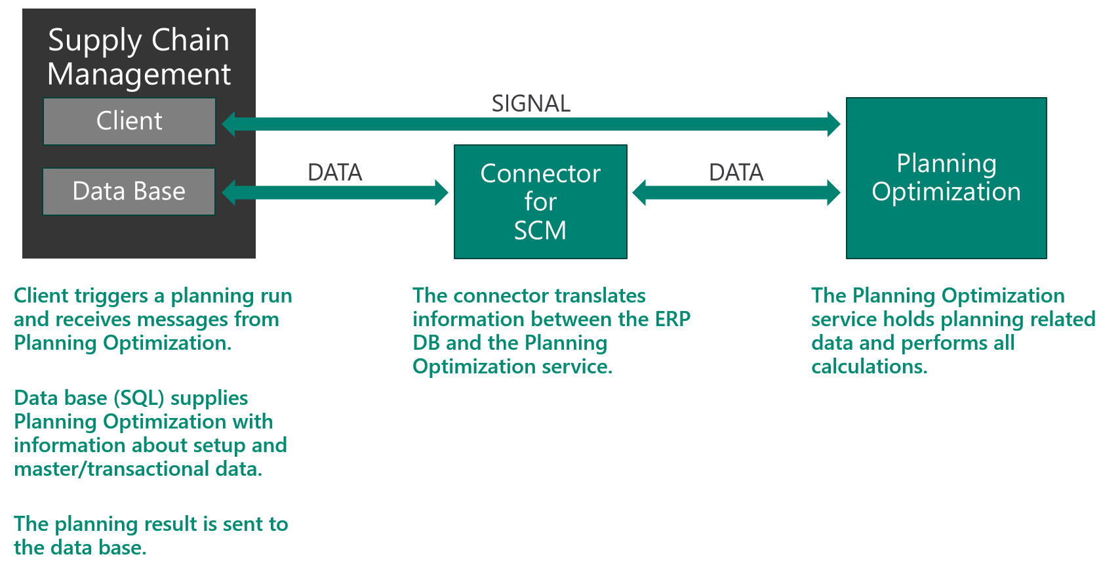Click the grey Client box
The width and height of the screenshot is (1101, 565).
tap(129, 121)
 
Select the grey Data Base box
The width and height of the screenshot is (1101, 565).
tap(129, 192)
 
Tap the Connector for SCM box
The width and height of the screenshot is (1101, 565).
tap(540, 201)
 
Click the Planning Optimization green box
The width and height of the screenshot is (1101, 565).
tap(946, 178)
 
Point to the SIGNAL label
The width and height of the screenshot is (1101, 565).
tap(530, 104)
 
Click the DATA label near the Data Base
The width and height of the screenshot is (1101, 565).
tap(334, 173)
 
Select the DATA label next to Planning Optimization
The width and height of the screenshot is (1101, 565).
tap(736, 173)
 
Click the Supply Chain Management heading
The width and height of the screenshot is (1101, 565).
tap(139, 57)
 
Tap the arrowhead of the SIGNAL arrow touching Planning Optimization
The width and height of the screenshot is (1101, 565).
tap(833, 124)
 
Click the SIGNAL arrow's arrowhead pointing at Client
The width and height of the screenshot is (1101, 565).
tap(230, 124)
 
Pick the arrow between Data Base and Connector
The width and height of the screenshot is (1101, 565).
tap(335, 192)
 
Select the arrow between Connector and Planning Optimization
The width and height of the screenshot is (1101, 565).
tap(736, 192)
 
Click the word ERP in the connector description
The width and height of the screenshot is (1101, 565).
tap(672, 319)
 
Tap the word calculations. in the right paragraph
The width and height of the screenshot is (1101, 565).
tap(869, 366)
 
